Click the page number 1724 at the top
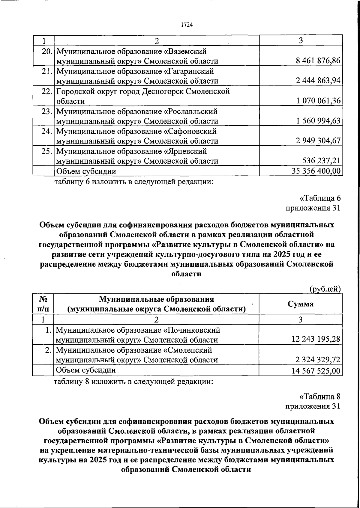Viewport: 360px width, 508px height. click(x=186, y=25)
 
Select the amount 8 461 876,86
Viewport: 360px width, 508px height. click(x=318, y=61)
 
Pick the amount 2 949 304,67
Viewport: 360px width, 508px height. click(x=318, y=141)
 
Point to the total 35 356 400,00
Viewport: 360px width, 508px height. click(x=316, y=171)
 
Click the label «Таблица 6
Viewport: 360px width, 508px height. click(x=320, y=198)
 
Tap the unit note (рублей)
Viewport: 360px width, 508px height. click(x=325, y=289)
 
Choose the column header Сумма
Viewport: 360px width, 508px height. click(x=301, y=304)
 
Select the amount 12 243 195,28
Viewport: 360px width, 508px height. click(x=316, y=339)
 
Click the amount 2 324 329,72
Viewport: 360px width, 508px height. click(x=318, y=359)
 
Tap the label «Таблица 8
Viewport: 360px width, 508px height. click(x=320, y=397)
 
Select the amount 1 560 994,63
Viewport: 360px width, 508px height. click(x=318, y=120)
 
